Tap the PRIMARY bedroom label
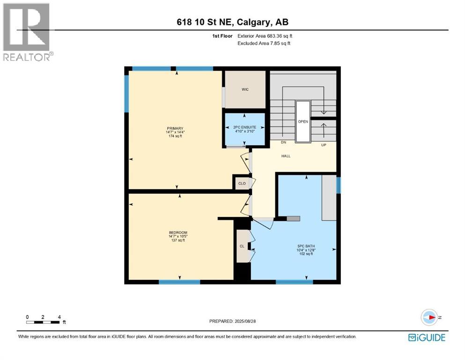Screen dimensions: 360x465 [x=176, y=128]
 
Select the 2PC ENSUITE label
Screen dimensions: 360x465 [x=244, y=127]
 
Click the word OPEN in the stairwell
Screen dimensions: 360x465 [x=303, y=121]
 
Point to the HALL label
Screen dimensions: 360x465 [x=286, y=156]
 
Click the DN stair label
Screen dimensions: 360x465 [x=283, y=142]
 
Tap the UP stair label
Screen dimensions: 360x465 [x=324, y=145]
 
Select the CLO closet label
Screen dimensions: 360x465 [x=242, y=183]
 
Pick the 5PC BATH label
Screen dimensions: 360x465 [x=305, y=245]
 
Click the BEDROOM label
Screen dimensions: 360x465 [x=178, y=233]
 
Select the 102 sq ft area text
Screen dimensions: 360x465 [x=305, y=254]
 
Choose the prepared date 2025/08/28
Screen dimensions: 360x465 [x=233, y=321]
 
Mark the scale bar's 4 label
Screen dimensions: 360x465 [x=59, y=317]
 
